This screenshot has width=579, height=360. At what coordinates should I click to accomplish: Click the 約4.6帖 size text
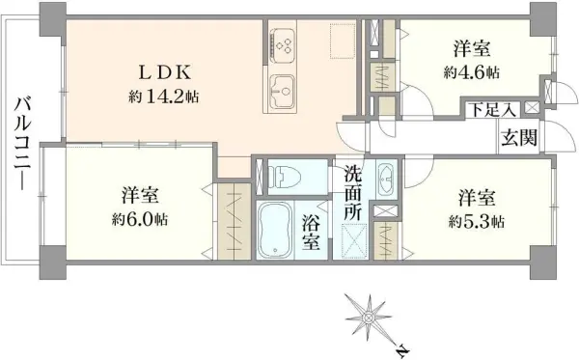coord(473,71)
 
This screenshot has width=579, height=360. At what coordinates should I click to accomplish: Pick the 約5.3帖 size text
coord(477,220)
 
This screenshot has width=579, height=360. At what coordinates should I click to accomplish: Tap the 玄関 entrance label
coord(518,137)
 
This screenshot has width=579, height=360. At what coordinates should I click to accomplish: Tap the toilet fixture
coord(287,176)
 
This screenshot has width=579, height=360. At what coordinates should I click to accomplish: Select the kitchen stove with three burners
coord(286,43)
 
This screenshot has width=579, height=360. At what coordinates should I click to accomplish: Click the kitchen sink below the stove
coord(285,92)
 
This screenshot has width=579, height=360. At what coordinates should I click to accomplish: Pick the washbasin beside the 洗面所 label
coord(385,179)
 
